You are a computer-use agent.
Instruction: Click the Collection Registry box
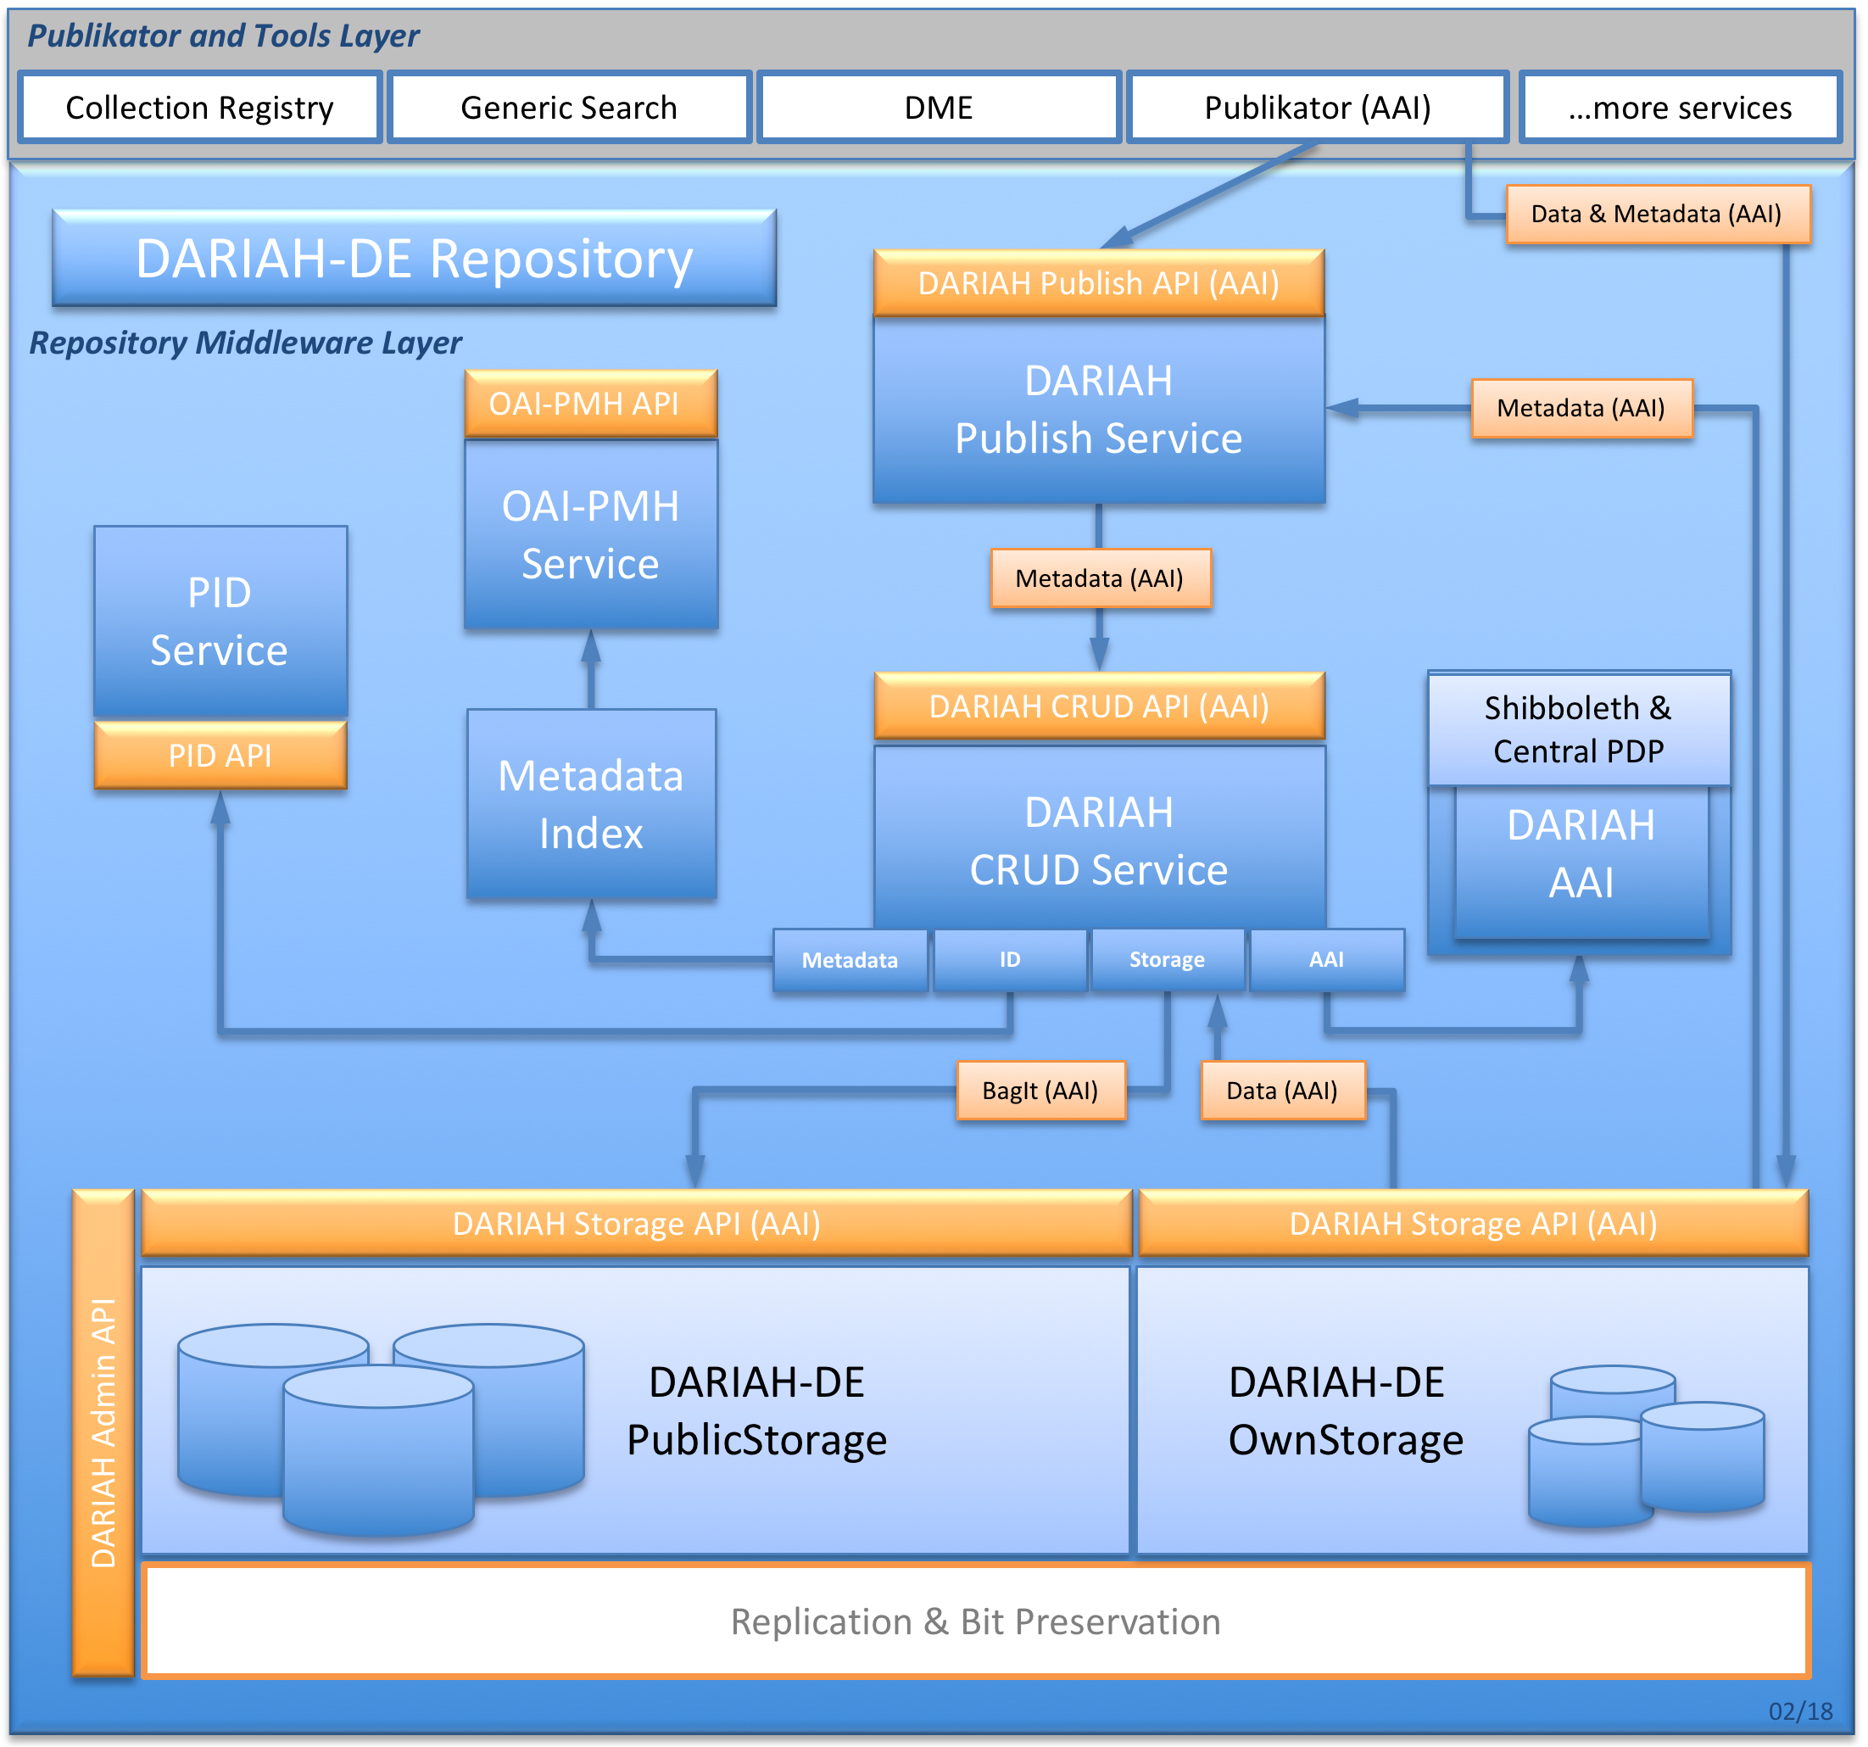click(x=199, y=107)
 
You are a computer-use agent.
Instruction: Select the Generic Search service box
click(x=568, y=107)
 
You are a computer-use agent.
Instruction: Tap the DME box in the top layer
click(x=938, y=107)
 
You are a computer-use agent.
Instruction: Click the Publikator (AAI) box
click(x=1318, y=107)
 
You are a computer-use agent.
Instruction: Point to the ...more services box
click(x=1679, y=107)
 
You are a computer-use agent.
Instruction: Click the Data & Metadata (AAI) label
click(x=1657, y=215)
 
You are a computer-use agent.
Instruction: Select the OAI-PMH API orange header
click(x=591, y=403)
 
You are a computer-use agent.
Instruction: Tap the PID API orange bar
click(x=220, y=756)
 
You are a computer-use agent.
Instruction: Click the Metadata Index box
click(x=591, y=805)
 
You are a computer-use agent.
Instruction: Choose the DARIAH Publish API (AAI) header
click(x=1098, y=283)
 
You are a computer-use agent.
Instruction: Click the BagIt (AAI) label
click(x=1040, y=1090)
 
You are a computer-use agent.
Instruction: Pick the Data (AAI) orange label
click(x=1282, y=1090)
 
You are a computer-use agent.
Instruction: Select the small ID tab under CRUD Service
click(x=1010, y=959)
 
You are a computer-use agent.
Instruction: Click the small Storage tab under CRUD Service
click(x=1167, y=959)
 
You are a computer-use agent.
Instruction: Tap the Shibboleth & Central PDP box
click(x=1579, y=729)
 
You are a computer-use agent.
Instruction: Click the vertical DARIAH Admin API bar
click(x=103, y=1432)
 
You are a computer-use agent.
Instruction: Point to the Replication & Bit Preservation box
click(x=975, y=1622)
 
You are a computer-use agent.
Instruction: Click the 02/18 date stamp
click(x=1799, y=1711)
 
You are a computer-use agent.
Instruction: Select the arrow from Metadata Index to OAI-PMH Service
click(x=591, y=669)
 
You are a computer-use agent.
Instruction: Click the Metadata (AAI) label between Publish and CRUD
click(x=1100, y=578)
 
